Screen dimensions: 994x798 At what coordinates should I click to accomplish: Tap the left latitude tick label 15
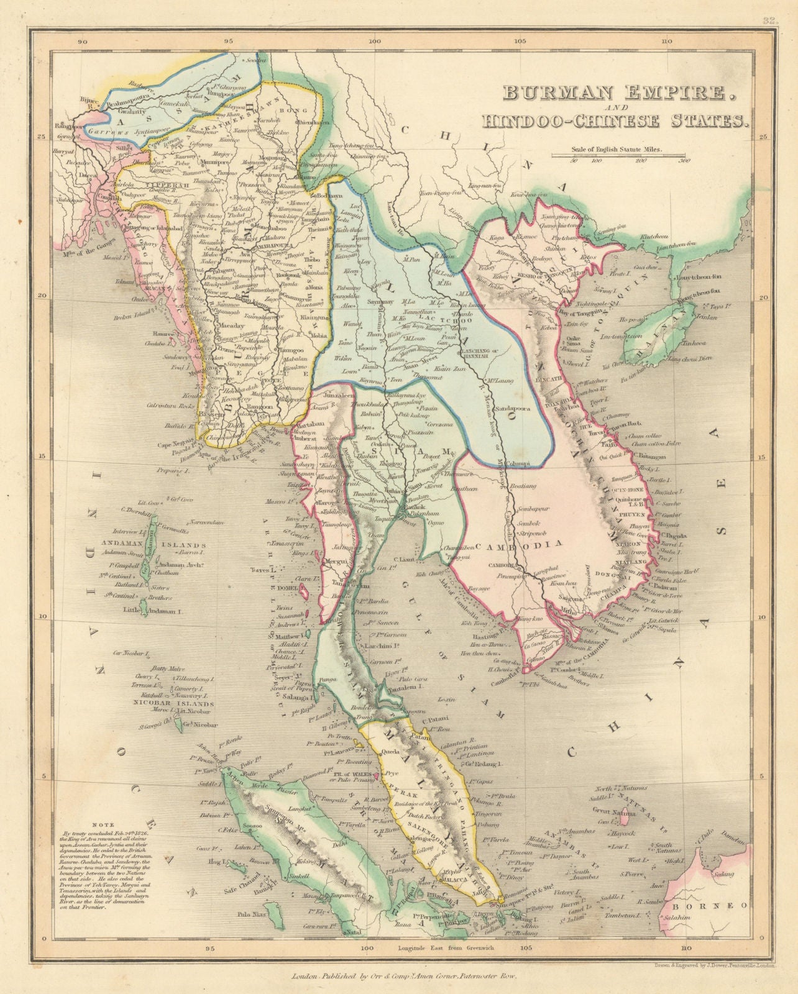(x=44, y=457)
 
